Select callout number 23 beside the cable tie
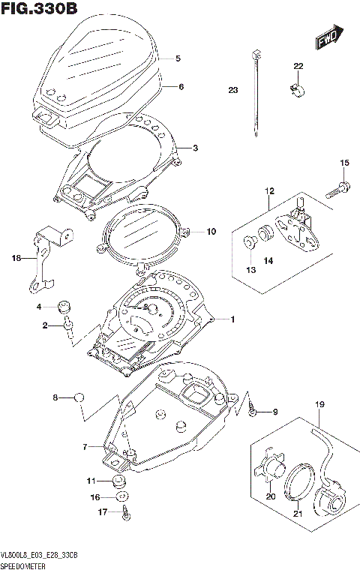tap(232, 90)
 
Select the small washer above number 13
tap(248, 241)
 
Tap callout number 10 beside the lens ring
tap(211, 232)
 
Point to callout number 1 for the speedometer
tap(232, 320)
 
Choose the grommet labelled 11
tap(118, 481)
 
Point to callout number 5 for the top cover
tap(178, 58)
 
